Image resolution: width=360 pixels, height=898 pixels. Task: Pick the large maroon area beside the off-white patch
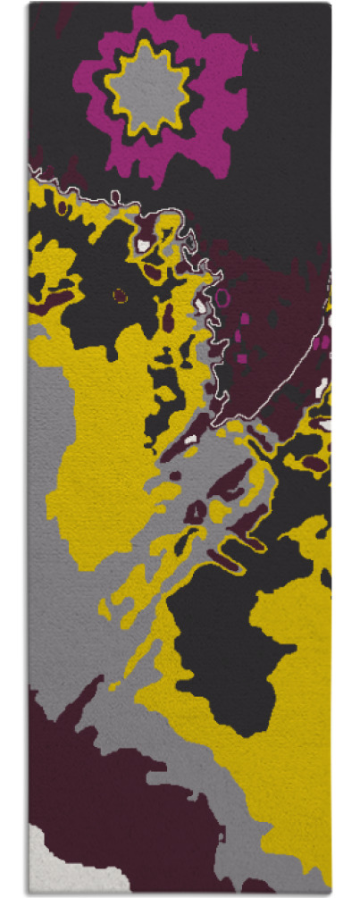pyautogui.click(x=107, y=786)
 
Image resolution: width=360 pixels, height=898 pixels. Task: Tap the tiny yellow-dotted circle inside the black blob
pyautogui.click(x=119, y=294)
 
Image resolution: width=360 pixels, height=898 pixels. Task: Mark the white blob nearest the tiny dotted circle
pyautogui.click(x=143, y=243)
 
